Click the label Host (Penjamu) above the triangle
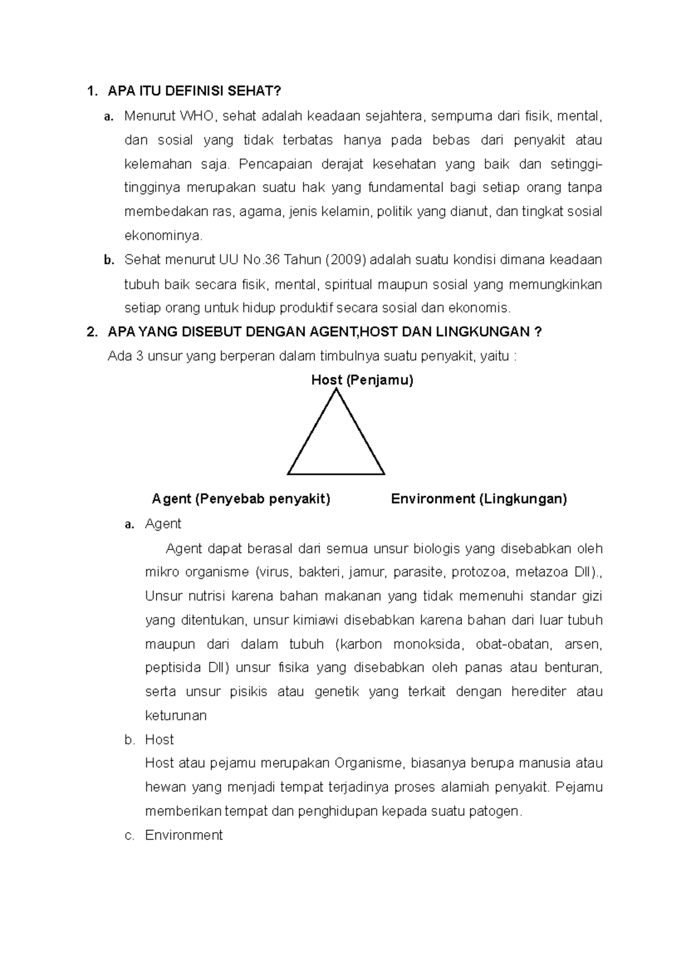(362, 380)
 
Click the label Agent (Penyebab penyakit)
(241, 499)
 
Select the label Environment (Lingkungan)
(478, 499)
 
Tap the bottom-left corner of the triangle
(288, 473)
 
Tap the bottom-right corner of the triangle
(384, 473)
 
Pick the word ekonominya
(163, 236)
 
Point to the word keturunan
(176, 716)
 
